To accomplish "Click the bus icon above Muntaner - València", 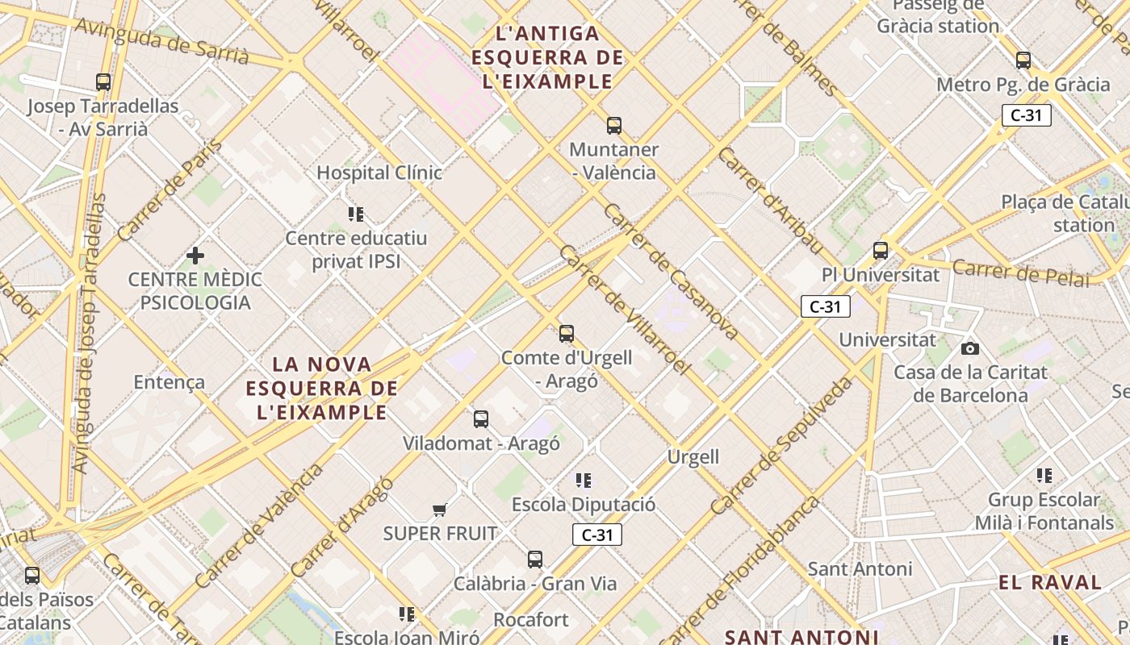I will [614, 125].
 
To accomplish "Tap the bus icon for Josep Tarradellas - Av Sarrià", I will [103, 81].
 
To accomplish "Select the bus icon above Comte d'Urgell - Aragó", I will [567, 333].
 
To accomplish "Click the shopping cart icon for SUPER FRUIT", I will [440, 510].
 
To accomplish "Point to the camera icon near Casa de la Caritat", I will [970, 348].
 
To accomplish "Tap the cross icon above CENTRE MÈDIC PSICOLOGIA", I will [195, 256].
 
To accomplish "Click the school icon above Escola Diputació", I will [584, 481].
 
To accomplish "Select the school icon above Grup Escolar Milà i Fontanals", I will [1044, 476].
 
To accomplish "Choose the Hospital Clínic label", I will [379, 173].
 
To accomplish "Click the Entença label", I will [169, 382].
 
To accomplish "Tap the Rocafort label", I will [531, 620].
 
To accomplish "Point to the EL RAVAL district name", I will [1050, 582].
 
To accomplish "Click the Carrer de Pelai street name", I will [1021, 273].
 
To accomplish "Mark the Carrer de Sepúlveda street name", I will [782, 446].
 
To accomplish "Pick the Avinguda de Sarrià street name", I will [162, 40].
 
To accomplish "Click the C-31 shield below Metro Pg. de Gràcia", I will [1026, 115].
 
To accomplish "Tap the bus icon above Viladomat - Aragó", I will [481, 418].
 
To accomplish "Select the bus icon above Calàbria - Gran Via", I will [535, 559].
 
